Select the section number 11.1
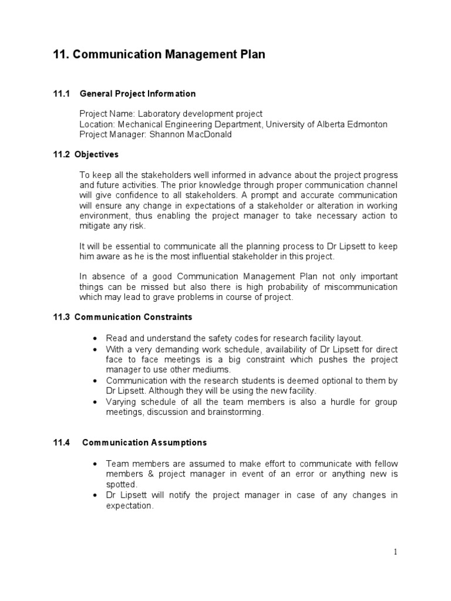click(x=62, y=94)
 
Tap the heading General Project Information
click(x=137, y=94)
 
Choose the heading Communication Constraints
click(x=133, y=318)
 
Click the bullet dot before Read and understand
click(x=95, y=339)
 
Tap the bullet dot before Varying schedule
click(x=95, y=402)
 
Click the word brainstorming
click(x=235, y=412)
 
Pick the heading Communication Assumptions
click(x=144, y=443)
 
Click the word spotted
click(x=121, y=484)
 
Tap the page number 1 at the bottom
click(x=396, y=551)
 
